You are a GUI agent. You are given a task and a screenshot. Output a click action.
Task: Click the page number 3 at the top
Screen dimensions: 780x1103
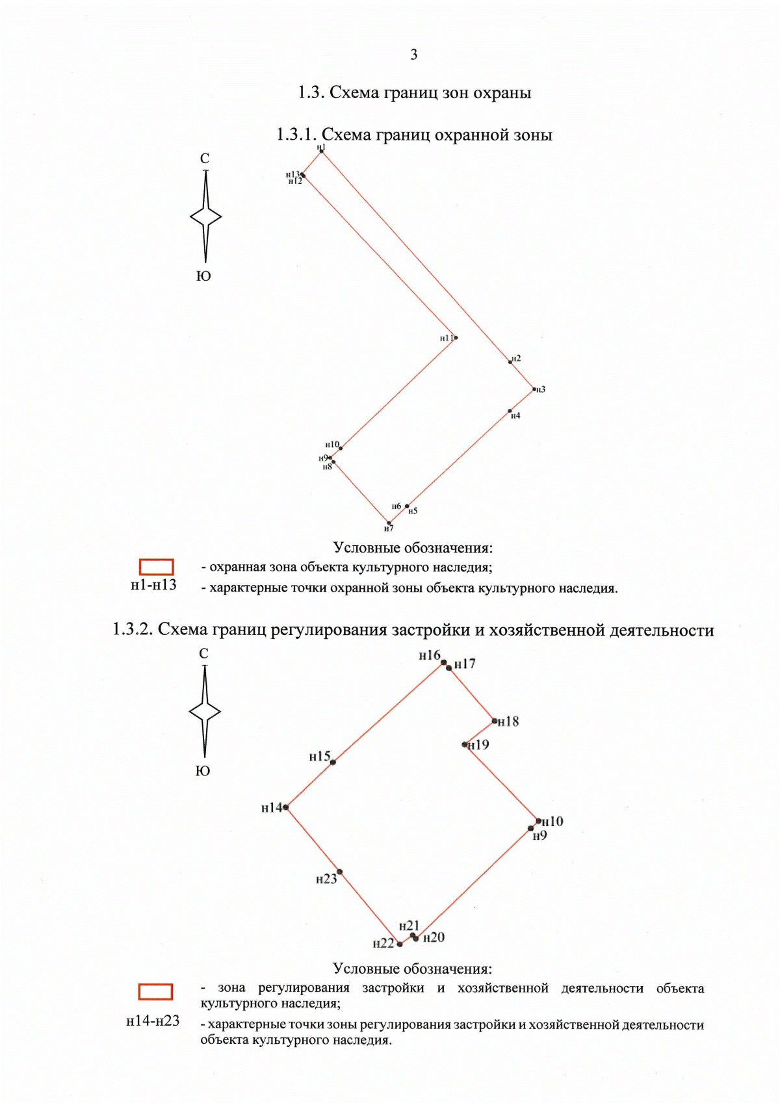414,55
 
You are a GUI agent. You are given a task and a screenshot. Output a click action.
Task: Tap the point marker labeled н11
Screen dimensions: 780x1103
456,338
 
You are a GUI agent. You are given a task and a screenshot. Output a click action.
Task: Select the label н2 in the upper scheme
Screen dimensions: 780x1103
516,358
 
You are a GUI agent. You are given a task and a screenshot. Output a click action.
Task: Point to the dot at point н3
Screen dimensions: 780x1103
534,389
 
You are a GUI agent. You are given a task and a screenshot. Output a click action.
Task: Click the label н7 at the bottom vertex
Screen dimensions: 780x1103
389,528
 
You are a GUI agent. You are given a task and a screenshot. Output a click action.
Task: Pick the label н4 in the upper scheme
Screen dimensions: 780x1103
515,415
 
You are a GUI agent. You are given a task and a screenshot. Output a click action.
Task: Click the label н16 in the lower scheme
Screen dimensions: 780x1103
429,655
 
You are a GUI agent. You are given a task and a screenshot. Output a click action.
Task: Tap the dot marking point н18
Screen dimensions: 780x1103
495,721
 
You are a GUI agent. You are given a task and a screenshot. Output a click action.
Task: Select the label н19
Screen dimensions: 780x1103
479,745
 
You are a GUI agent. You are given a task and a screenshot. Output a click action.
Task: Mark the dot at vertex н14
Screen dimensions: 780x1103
286,807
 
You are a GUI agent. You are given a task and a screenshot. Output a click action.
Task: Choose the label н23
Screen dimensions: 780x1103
326,879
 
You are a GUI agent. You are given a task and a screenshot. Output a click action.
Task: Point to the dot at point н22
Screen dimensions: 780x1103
400,944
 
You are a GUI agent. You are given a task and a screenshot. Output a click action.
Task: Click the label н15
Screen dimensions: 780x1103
320,757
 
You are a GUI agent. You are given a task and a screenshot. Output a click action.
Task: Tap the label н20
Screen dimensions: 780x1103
434,937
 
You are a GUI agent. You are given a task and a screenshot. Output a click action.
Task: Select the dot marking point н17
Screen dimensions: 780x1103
449,668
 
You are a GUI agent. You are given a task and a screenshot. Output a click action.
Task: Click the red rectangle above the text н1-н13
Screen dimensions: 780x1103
156,567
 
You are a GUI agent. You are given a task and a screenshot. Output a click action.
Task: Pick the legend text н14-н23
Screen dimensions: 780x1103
153,1020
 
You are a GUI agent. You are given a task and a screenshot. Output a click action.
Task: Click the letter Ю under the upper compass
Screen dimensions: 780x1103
203,276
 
